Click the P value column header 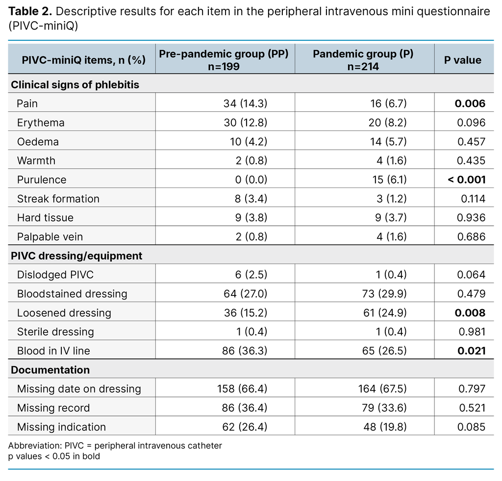(463, 60)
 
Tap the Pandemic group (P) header (363, 60)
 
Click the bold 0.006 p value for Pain (470, 104)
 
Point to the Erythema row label (41, 123)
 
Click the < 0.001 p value (466, 180)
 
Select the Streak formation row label (58, 199)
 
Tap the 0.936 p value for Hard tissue (471, 217)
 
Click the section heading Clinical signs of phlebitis (75, 84)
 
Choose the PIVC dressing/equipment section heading (76, 256)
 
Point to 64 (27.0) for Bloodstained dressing (243, 294)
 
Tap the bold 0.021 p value (471, 351)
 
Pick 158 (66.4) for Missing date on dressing (242, 389)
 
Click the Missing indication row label (61, 427)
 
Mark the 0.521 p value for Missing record (471, 408)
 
